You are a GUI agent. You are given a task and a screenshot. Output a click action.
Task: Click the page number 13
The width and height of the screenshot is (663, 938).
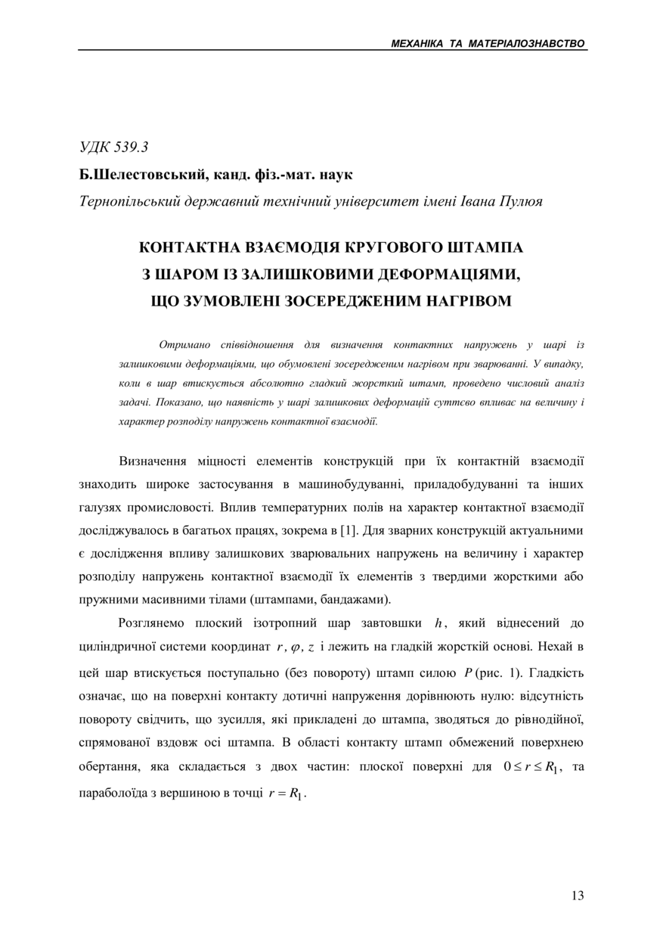click(578, 896)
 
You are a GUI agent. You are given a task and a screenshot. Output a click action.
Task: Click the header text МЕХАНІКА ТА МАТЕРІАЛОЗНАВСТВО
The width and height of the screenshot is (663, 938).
click(488, 44)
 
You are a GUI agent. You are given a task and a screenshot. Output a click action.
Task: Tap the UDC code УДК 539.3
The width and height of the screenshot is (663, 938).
click(113, 148)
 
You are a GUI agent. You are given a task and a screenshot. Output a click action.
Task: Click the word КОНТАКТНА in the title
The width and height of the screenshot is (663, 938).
click(192, 247)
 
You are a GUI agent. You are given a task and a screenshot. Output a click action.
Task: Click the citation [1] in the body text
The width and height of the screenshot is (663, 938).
click(349, 530)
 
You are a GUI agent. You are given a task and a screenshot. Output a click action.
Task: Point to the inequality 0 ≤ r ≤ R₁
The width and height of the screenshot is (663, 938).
click(533, 767)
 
